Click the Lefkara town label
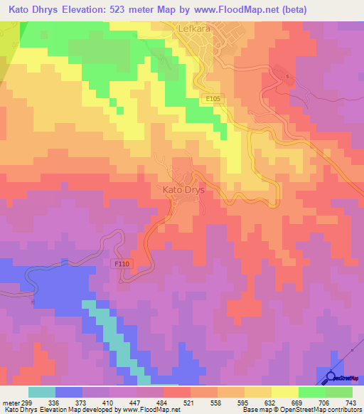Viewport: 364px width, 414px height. coord(192,29)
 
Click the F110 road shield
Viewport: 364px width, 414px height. coord(122,263)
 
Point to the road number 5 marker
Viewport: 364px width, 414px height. coord(288,76)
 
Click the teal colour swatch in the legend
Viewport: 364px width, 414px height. coord(42,392)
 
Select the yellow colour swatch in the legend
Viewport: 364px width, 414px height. coord(284,392)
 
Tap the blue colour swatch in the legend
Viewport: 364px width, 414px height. coord(69,392)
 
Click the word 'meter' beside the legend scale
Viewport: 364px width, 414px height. coord(10,402)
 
